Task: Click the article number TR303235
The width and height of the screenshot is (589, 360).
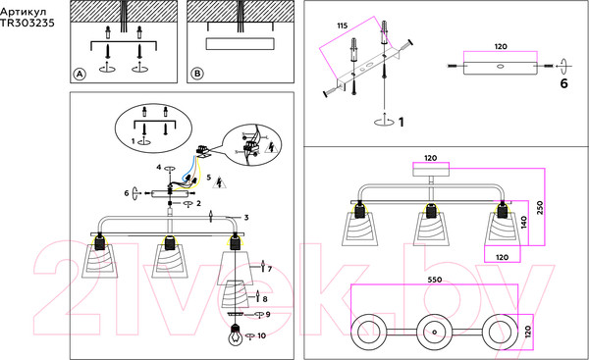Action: [27, 24]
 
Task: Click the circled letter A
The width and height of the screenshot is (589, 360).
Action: [80, 74]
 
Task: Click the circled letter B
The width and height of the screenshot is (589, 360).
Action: [197, 74]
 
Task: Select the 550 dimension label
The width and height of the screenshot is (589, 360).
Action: [435, 280]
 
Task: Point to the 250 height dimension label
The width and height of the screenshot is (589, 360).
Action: [540, 208]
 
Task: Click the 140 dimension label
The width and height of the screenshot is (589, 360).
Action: [524, 222]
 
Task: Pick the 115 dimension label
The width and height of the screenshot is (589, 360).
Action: [343, 26]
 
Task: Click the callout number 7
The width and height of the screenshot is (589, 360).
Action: [269, 269]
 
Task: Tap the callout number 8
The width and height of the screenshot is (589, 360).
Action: [265, 299]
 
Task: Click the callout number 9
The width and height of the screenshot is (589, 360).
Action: [268, 314]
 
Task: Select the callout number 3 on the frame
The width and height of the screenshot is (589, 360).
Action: [246, 218]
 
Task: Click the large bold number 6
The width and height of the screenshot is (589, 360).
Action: [563, 83]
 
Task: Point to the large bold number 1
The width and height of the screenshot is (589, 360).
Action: [402, 122]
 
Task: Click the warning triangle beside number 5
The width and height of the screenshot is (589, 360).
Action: [219, 182]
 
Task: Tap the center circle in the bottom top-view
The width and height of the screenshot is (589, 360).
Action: [434, 333]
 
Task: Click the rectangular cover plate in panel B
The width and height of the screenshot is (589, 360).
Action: [241, 43]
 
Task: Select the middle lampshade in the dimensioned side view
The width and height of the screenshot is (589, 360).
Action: [431, 229]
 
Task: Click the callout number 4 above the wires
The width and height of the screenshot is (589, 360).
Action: [159, 167]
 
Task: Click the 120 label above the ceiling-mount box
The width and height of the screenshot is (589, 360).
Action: [431, 158]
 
